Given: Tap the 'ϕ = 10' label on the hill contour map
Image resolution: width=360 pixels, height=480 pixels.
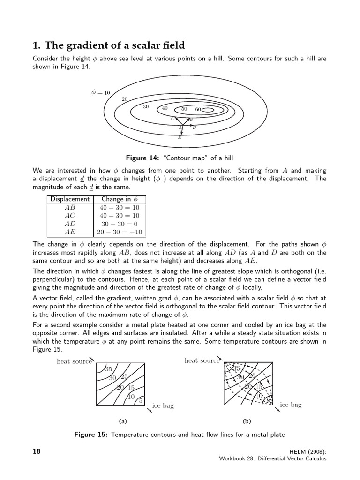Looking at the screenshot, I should (100, 92).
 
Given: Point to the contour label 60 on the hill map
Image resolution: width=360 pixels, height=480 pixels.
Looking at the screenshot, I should (198, 109).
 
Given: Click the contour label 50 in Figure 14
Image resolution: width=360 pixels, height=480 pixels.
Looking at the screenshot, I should (184, 109).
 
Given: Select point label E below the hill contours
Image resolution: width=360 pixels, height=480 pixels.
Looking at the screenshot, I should (180, 137).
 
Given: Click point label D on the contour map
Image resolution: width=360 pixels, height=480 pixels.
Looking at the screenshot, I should (194, 127).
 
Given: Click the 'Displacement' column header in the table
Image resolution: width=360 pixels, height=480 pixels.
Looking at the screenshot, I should (70, 199).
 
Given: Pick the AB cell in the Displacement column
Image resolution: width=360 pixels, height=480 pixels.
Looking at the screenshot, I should (70, 207).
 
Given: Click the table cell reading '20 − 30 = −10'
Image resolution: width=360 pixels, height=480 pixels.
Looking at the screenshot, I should (120, 232).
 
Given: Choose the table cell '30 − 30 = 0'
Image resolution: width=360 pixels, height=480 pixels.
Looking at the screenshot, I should (120, 224).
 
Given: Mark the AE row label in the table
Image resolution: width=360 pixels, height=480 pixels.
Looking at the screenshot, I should (70, 232).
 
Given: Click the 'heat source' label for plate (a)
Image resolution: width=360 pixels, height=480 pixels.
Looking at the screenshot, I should (74, 361).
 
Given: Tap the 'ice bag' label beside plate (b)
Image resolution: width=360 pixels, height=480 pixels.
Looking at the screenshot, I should (291, 405).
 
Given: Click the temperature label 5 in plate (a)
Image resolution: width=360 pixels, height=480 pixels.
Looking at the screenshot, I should (140, 400).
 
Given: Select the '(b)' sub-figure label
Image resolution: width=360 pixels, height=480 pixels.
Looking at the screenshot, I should (247, 421).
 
